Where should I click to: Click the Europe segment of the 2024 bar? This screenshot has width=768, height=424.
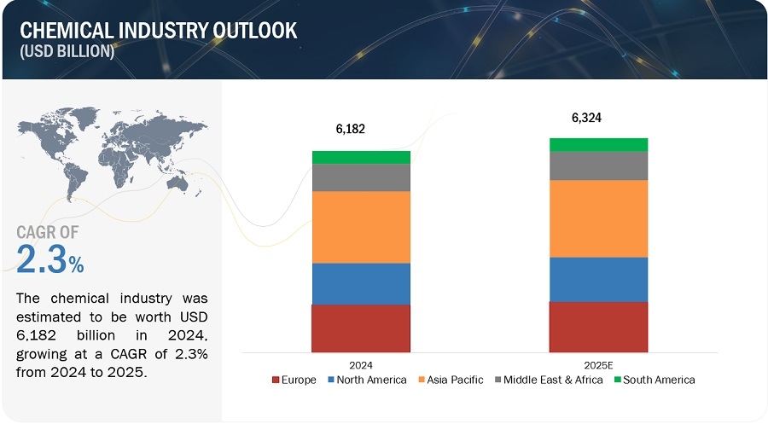pyautogui.click(x=361, y=328)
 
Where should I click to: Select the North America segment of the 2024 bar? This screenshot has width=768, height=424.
pyautogui.click(x=361, y=283)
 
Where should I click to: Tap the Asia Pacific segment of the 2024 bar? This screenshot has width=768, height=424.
pyautogui.click(x=361, y=227)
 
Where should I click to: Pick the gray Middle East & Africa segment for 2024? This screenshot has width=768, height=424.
pyautogui.click(x=361, y=177)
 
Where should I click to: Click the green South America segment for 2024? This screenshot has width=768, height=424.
pyautogui.click(x=361, y=157)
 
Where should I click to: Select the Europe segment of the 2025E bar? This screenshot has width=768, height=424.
pyautogui.click(x=598, y=327)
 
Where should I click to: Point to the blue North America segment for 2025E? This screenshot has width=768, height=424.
pyautogui.click(x=598, y=279)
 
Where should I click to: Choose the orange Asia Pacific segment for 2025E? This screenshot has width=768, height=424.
pyautogui.click(x=598, y=218)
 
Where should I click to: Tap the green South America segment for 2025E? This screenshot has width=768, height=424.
pyautogui.click(x=598, y=144)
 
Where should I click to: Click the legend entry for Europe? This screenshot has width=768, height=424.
pyautogui.click(x=293, y=380)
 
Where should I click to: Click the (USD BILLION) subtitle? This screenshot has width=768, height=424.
pyautogui.click(x=67, y=52)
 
